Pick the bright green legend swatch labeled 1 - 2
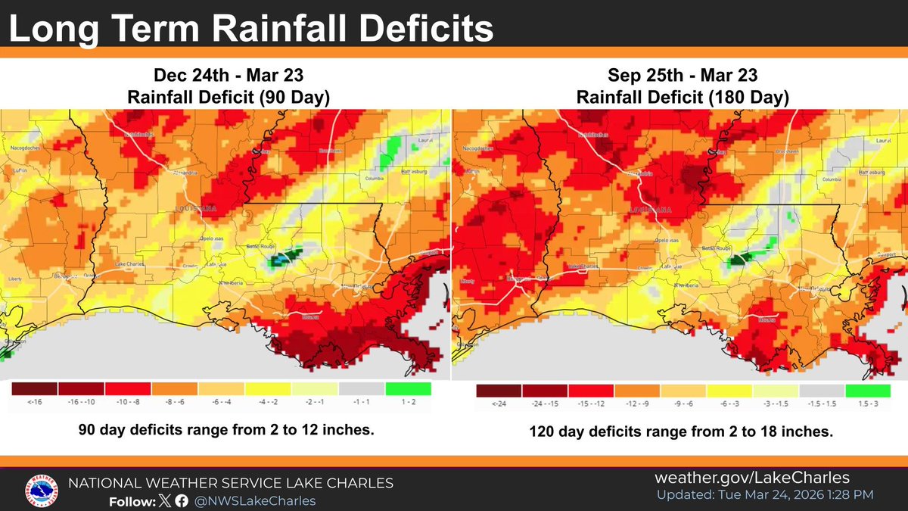coord(408,388)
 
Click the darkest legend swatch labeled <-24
coord(499,391)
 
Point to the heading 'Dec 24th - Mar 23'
coord(225,77)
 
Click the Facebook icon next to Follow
coord(181,501)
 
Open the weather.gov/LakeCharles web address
coord(751,478)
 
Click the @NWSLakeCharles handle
coord(255,501)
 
